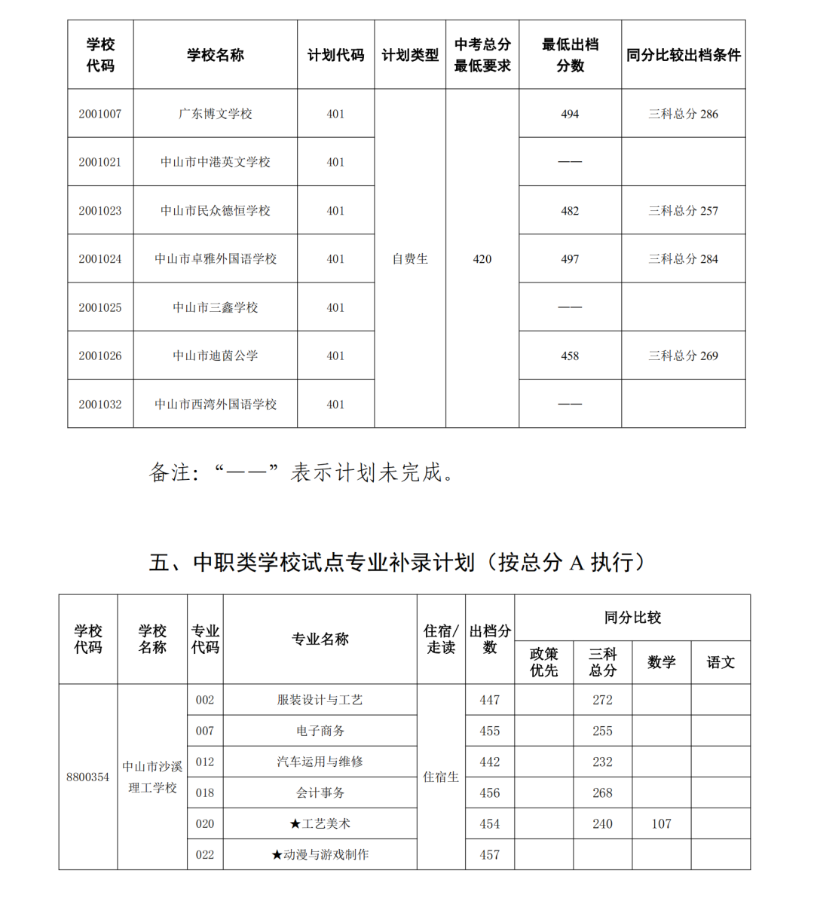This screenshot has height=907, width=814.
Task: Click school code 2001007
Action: tap(99, 114)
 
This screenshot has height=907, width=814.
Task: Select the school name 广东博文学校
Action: tap(215, 114)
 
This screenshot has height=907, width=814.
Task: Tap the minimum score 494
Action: tap(570, 114)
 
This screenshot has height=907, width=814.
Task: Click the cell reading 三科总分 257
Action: tap(683, 211)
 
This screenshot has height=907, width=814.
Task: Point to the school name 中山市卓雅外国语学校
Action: tap(215, 259)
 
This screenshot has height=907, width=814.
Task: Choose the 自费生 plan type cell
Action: tap(410, 259)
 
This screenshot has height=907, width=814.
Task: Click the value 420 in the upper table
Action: tap(482, 259)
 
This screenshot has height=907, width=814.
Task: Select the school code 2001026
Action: tap(99, 356)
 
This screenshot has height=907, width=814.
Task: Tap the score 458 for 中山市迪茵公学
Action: tap(570, 356)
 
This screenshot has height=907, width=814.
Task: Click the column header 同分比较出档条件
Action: tap(683, 55)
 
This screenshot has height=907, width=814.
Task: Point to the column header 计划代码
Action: tap(335, 55)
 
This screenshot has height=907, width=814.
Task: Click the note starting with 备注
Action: tap(302, 472)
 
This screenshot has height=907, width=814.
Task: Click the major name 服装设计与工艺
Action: tap(320, 700)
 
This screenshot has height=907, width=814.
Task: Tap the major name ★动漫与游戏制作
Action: tap(320, 854)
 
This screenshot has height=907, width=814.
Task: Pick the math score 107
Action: tap(661, 823)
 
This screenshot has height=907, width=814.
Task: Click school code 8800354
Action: tap(87, 777)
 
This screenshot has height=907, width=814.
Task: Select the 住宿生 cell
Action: tap(441, 777)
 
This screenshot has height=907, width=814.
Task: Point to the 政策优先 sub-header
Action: tap(543, 662)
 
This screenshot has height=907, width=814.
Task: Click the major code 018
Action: tap(205, 792)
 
